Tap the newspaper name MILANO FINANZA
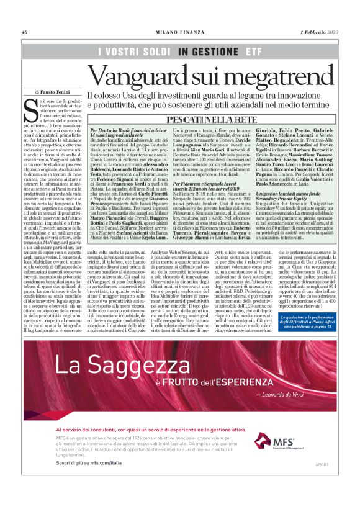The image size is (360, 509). coord(179,32)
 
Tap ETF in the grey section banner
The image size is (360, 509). coord(253,52)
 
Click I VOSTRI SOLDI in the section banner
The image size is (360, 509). coord(133,52)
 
